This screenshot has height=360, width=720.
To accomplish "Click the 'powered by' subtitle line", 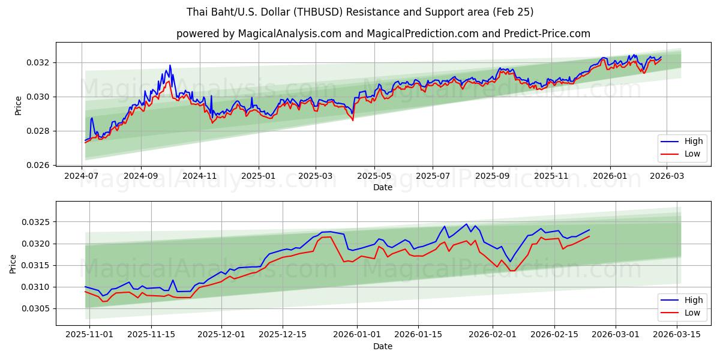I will tap(383, 34).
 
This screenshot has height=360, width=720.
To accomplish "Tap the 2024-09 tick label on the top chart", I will tap(141, 176).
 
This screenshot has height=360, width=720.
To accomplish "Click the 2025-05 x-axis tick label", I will tap(374, 176).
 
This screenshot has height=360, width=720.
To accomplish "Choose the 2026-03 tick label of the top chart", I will tap(667, 176).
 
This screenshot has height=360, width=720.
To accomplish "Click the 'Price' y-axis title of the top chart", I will tap(18, 106).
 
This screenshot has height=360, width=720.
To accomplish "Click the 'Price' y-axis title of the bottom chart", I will tap(13, 264).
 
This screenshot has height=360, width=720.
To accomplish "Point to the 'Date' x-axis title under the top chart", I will tap(383, 187).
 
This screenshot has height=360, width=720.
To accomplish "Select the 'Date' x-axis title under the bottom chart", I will tap(383, 346).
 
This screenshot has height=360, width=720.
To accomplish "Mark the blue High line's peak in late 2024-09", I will tap(170, 65).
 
